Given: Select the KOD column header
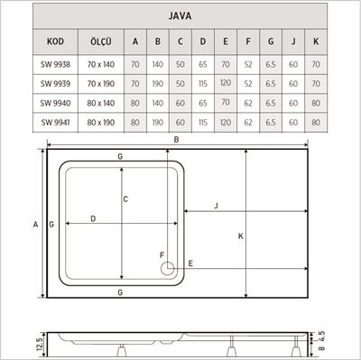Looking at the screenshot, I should [55, 42].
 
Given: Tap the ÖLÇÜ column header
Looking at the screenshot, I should [100, 42].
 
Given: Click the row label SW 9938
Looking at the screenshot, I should [55, 65].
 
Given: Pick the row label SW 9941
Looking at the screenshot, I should [55, 122].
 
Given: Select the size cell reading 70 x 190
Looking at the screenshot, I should [100, 84].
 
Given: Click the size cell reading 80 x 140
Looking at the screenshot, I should [100, 103].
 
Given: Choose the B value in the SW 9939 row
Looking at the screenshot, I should [158, 84].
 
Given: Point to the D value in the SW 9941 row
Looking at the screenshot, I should [203, 122].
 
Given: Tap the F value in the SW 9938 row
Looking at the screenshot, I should [248, 65].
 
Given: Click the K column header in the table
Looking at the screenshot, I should [316, 42].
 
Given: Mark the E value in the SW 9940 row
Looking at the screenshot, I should [226, 103].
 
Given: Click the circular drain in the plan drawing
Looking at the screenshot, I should [166, 266].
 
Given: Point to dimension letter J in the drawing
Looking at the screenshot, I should [217, 207].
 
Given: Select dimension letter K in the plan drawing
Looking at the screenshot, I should [241, 236].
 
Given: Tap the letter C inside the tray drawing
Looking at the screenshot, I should [126, 198].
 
